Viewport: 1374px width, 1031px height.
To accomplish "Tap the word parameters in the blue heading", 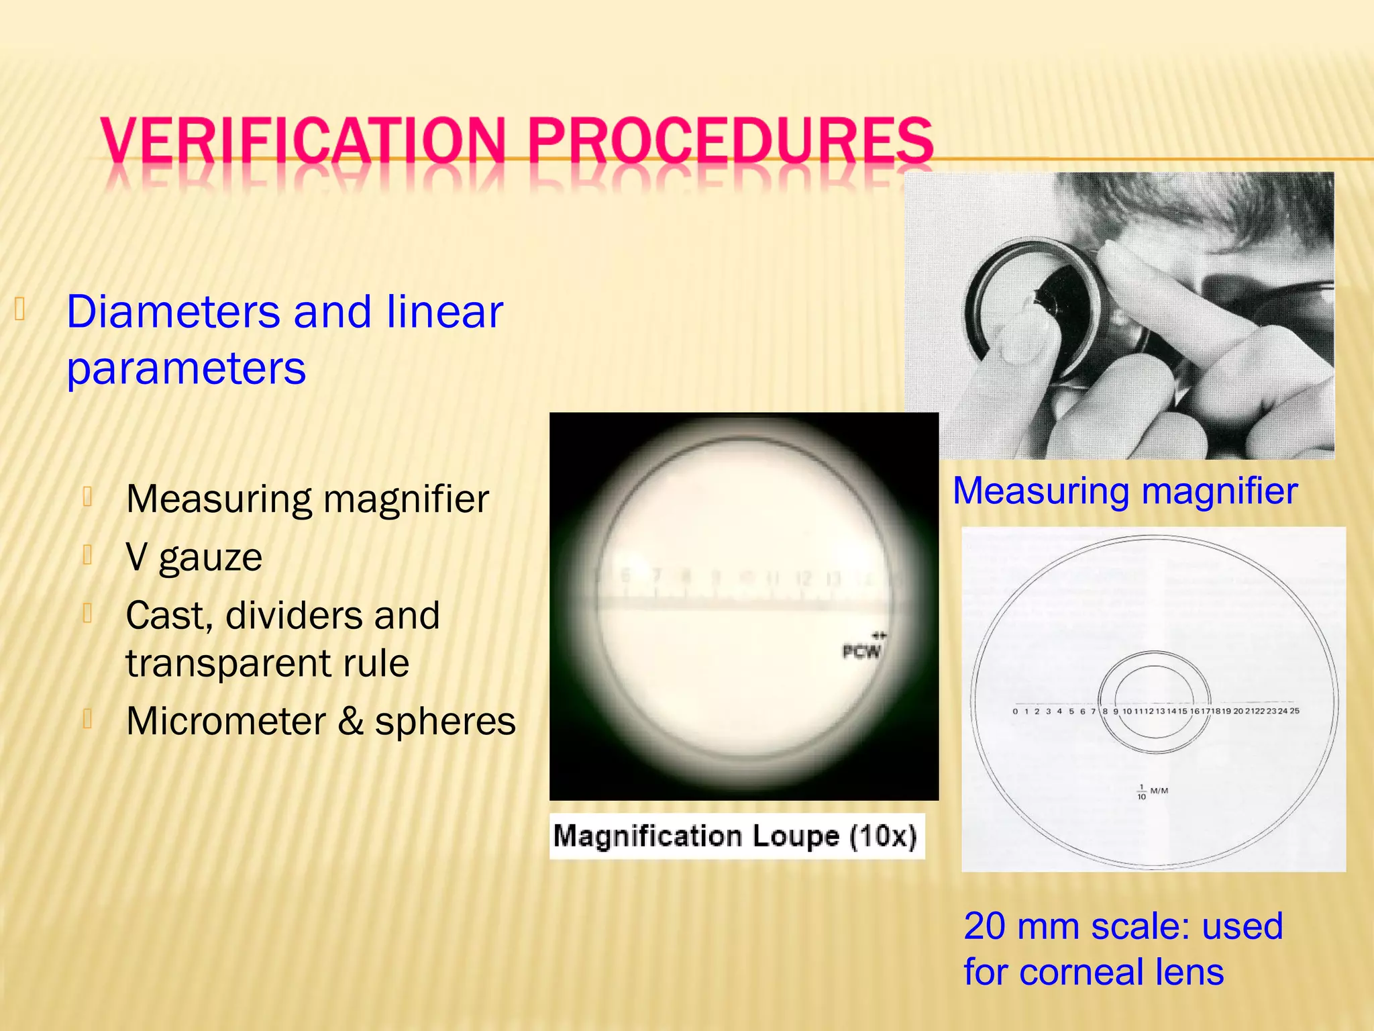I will [187, 369].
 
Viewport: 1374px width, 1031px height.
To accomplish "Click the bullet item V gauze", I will [194, 557].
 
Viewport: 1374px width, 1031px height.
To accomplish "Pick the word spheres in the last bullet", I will [445, 722].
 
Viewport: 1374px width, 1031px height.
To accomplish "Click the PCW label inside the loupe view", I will [861, 651].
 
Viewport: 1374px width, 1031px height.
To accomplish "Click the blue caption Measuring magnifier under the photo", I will [1125, 491].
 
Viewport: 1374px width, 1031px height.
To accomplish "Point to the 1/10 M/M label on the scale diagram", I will [1151, 792].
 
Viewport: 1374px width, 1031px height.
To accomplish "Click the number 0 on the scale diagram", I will [1015, 711].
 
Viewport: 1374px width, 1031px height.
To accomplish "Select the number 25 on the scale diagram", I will [1294, 711].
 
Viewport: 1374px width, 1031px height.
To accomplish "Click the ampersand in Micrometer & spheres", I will [350, 722].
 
